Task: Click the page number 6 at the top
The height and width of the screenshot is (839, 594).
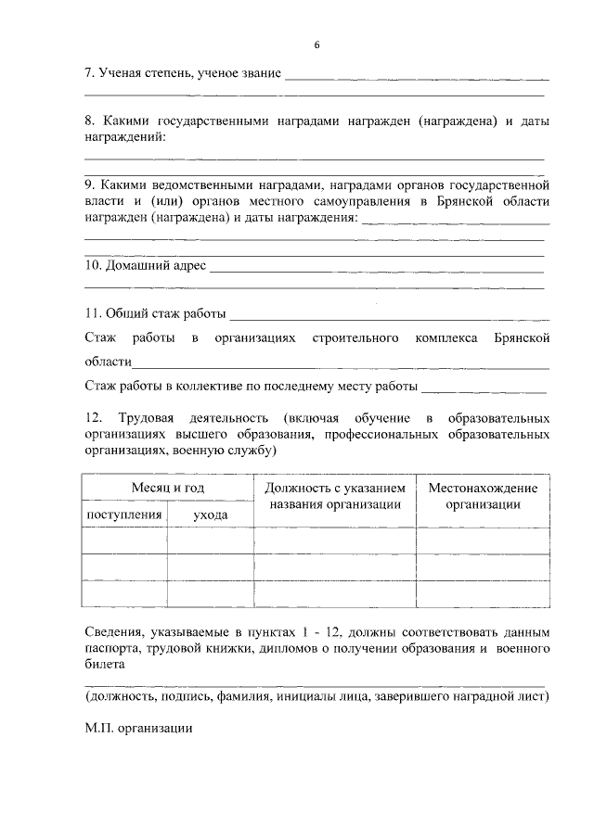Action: pyautogui.click(x=316, y=45)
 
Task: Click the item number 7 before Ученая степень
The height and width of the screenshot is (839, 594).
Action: pyautogui.click(x=88, y=73)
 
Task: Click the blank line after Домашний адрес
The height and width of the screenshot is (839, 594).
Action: pyautogui.click(x=376, y=271)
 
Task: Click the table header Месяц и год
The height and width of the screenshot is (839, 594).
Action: pyautogui.click(x=168, y=488)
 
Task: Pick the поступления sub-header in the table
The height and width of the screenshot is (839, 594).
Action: pyautogui.click(x=124, y=514)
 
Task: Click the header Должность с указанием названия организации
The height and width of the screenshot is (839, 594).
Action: pyautogui.click(x=335, y=496)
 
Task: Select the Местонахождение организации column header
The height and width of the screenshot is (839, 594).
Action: pyautogui.click(x=483, y=496)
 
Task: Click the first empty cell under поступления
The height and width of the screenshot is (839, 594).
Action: pyautogui.click(x=124, y=540)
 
